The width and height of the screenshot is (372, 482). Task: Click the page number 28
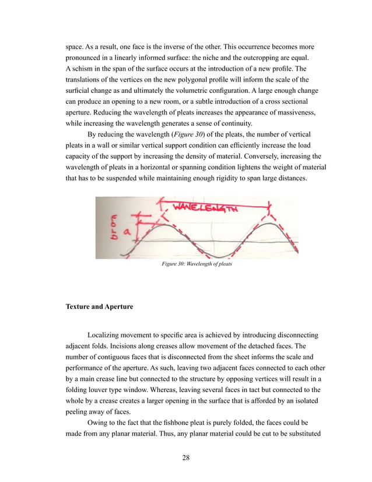click(x=185, y=457)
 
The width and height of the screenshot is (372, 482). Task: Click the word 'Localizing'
click(x=106, y=336)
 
